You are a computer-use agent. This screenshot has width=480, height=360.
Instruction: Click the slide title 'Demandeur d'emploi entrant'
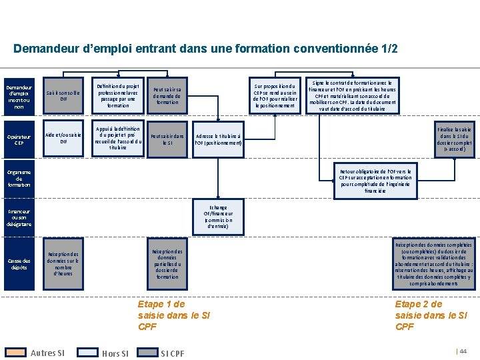click(x=205, y=49)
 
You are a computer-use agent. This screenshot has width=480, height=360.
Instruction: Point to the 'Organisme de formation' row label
click(x=19, y=179)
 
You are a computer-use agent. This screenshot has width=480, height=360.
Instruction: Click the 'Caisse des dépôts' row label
click(x=19, y=264)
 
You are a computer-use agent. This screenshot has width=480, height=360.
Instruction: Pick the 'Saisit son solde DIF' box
click(x=63, y=95)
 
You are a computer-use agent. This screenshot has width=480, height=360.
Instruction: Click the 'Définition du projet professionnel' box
click(x=117, y=95)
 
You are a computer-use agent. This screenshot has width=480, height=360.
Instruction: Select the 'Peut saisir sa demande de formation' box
click(x=167, y=95)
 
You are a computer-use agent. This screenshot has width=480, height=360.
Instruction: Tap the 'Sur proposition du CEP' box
click(x=274, y=95)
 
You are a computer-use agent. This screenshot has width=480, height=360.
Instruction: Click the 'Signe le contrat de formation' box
click(x=353, y=95)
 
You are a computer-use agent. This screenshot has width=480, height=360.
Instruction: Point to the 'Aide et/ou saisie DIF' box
click(x=63, y=139)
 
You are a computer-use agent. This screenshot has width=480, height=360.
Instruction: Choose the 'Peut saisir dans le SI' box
click(x=167, y=139)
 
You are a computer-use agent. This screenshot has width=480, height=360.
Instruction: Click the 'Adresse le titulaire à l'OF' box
click(x=219, y=139)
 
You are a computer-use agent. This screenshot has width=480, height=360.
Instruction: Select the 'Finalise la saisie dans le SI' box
click(x=455, y=139)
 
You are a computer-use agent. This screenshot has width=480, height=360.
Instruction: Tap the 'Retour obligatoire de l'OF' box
click(x=375, y=180)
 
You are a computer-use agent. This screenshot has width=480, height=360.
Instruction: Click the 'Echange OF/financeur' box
click(x=218, y=217)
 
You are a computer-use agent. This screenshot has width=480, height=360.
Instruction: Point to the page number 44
click(x=463, y=351)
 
